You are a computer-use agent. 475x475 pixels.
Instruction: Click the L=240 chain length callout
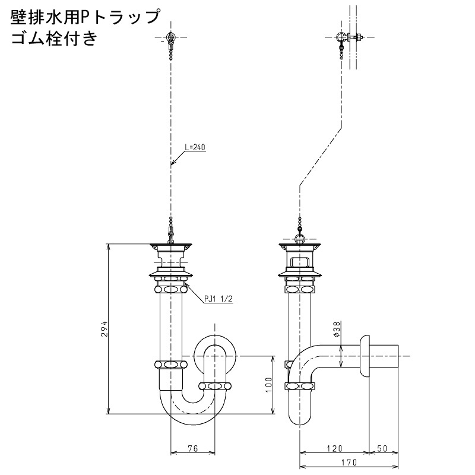195,147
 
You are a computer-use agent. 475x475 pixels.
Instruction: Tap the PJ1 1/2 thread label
218,299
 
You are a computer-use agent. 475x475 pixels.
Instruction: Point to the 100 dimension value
269,385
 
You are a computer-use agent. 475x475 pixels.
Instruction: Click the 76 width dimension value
193,448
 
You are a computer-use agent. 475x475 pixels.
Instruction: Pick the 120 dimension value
334,448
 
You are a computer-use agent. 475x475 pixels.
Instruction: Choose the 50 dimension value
382,448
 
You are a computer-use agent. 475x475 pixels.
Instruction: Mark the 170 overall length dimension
349,463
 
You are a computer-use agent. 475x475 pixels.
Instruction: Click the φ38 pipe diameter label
338,329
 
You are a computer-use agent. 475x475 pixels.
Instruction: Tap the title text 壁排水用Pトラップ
85,17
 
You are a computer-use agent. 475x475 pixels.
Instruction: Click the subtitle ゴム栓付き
54,39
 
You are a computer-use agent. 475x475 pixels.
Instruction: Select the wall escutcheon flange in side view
365,356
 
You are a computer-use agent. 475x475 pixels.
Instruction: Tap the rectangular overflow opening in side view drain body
300,261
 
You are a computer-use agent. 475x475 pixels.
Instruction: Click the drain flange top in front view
171,244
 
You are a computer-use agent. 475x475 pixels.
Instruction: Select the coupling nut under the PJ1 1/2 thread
171,289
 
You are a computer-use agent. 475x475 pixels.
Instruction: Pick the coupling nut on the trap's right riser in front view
215,386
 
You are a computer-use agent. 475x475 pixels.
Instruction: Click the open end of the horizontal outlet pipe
398,356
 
